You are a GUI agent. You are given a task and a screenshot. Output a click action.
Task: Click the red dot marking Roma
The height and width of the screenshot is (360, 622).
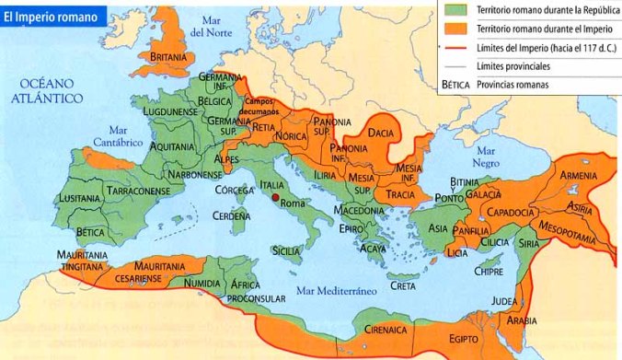pos(275,196)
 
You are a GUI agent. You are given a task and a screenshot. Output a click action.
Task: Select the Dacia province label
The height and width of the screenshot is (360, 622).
pos(381,134)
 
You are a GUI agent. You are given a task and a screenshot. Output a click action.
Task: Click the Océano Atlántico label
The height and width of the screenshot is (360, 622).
pos(46,90)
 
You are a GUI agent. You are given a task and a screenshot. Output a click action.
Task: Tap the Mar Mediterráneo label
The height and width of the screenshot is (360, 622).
pos(339,291)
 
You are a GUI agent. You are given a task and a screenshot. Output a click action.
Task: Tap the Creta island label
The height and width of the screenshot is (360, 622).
pos(402,285)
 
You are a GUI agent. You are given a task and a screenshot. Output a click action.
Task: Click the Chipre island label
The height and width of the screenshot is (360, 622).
pos(487,272)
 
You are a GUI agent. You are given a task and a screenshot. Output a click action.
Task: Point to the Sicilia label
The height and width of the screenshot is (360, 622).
pos(287,250)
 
